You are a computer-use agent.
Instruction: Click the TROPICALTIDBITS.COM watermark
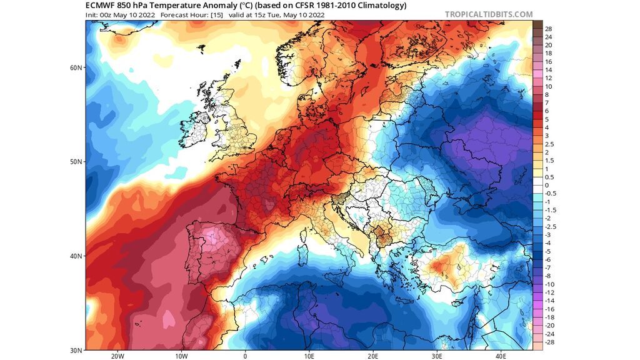tap(489, 14)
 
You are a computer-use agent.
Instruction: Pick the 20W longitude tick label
tap(117, 356)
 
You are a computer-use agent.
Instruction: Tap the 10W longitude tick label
tap(181, 356)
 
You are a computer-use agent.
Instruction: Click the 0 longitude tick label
tap(245, 356)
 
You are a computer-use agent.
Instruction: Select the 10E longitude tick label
tap(309, 356)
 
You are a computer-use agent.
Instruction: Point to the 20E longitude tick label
tap(373, 356)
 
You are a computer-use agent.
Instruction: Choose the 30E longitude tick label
tap(437, 356)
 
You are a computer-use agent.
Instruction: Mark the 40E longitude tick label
tap(501, 356)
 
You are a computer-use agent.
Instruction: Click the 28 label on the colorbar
tap(548, 29)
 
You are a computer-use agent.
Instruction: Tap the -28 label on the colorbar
tap(549, 342)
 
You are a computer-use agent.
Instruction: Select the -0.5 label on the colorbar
tap(550, 194)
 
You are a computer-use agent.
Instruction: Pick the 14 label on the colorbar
tap(548, 70)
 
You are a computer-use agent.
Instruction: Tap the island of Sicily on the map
tap(334, 267)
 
